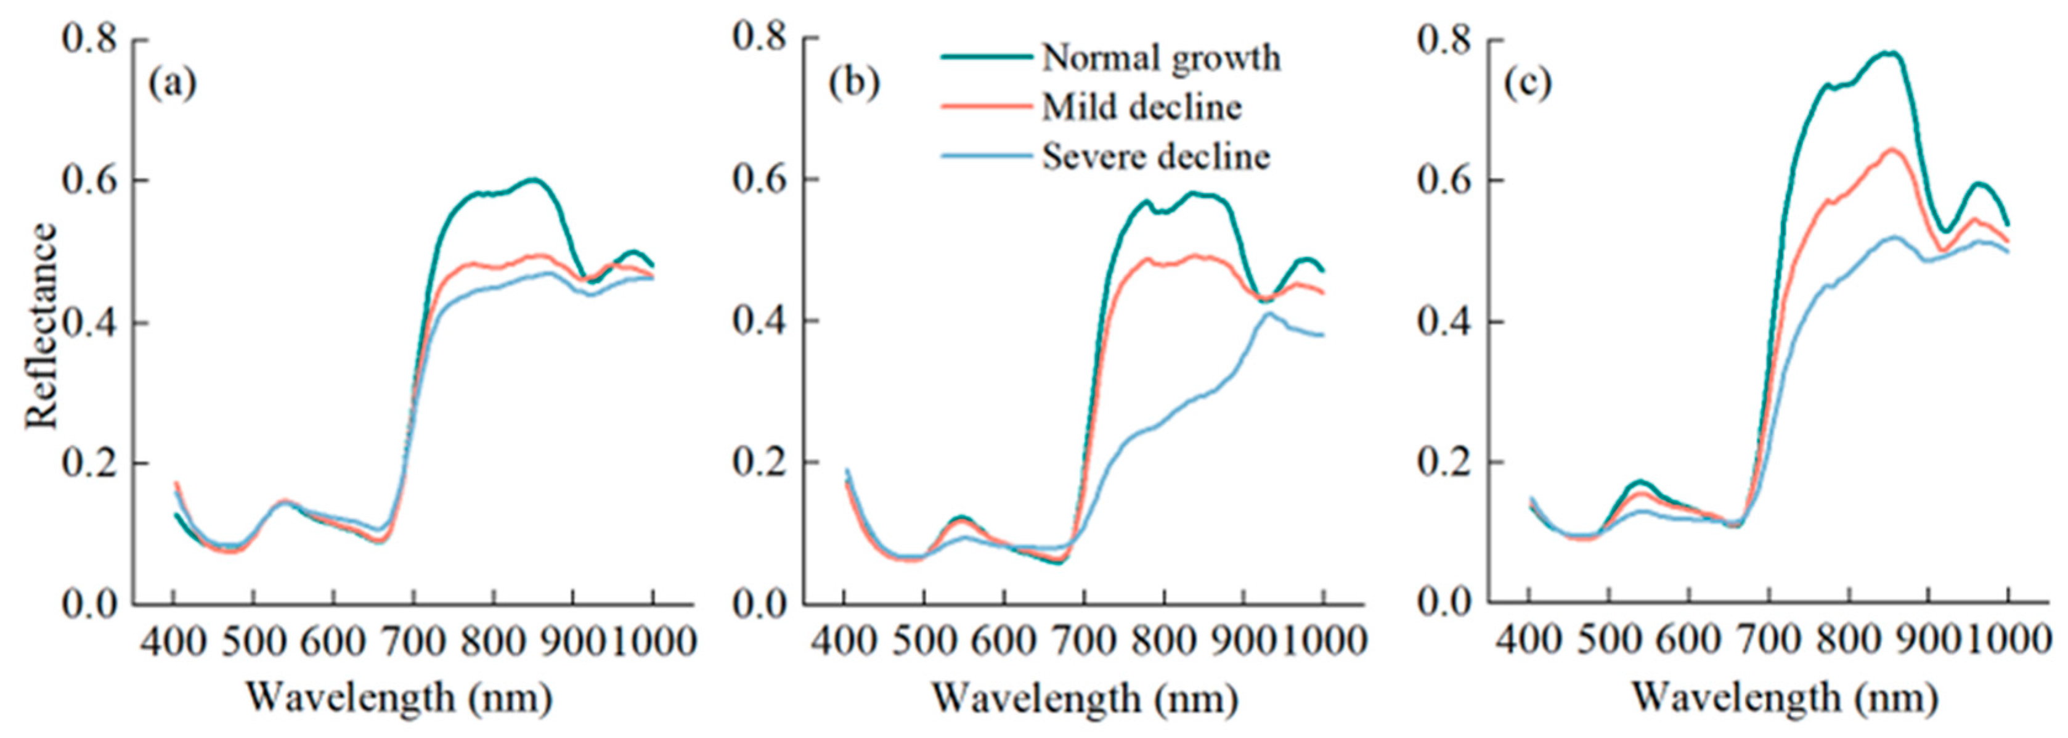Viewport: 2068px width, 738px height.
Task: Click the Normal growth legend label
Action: click(x=1160, y=58)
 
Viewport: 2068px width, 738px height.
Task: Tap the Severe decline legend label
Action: click(x=1155, y=157)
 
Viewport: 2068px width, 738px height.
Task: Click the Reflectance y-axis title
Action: click(x=42, y=326)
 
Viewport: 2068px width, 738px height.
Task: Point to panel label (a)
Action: click(x=172, y=83)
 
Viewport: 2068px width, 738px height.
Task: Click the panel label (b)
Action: click(x=854, y=83)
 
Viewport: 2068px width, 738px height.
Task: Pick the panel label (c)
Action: click(x=1527, y=83)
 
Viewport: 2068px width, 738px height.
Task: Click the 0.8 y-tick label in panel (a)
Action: click(x=90, y=39)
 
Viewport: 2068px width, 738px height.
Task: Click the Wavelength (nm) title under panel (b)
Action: click(x=1083, y=697)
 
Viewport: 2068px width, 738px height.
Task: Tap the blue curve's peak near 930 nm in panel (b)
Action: click(x=1268, y=313)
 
